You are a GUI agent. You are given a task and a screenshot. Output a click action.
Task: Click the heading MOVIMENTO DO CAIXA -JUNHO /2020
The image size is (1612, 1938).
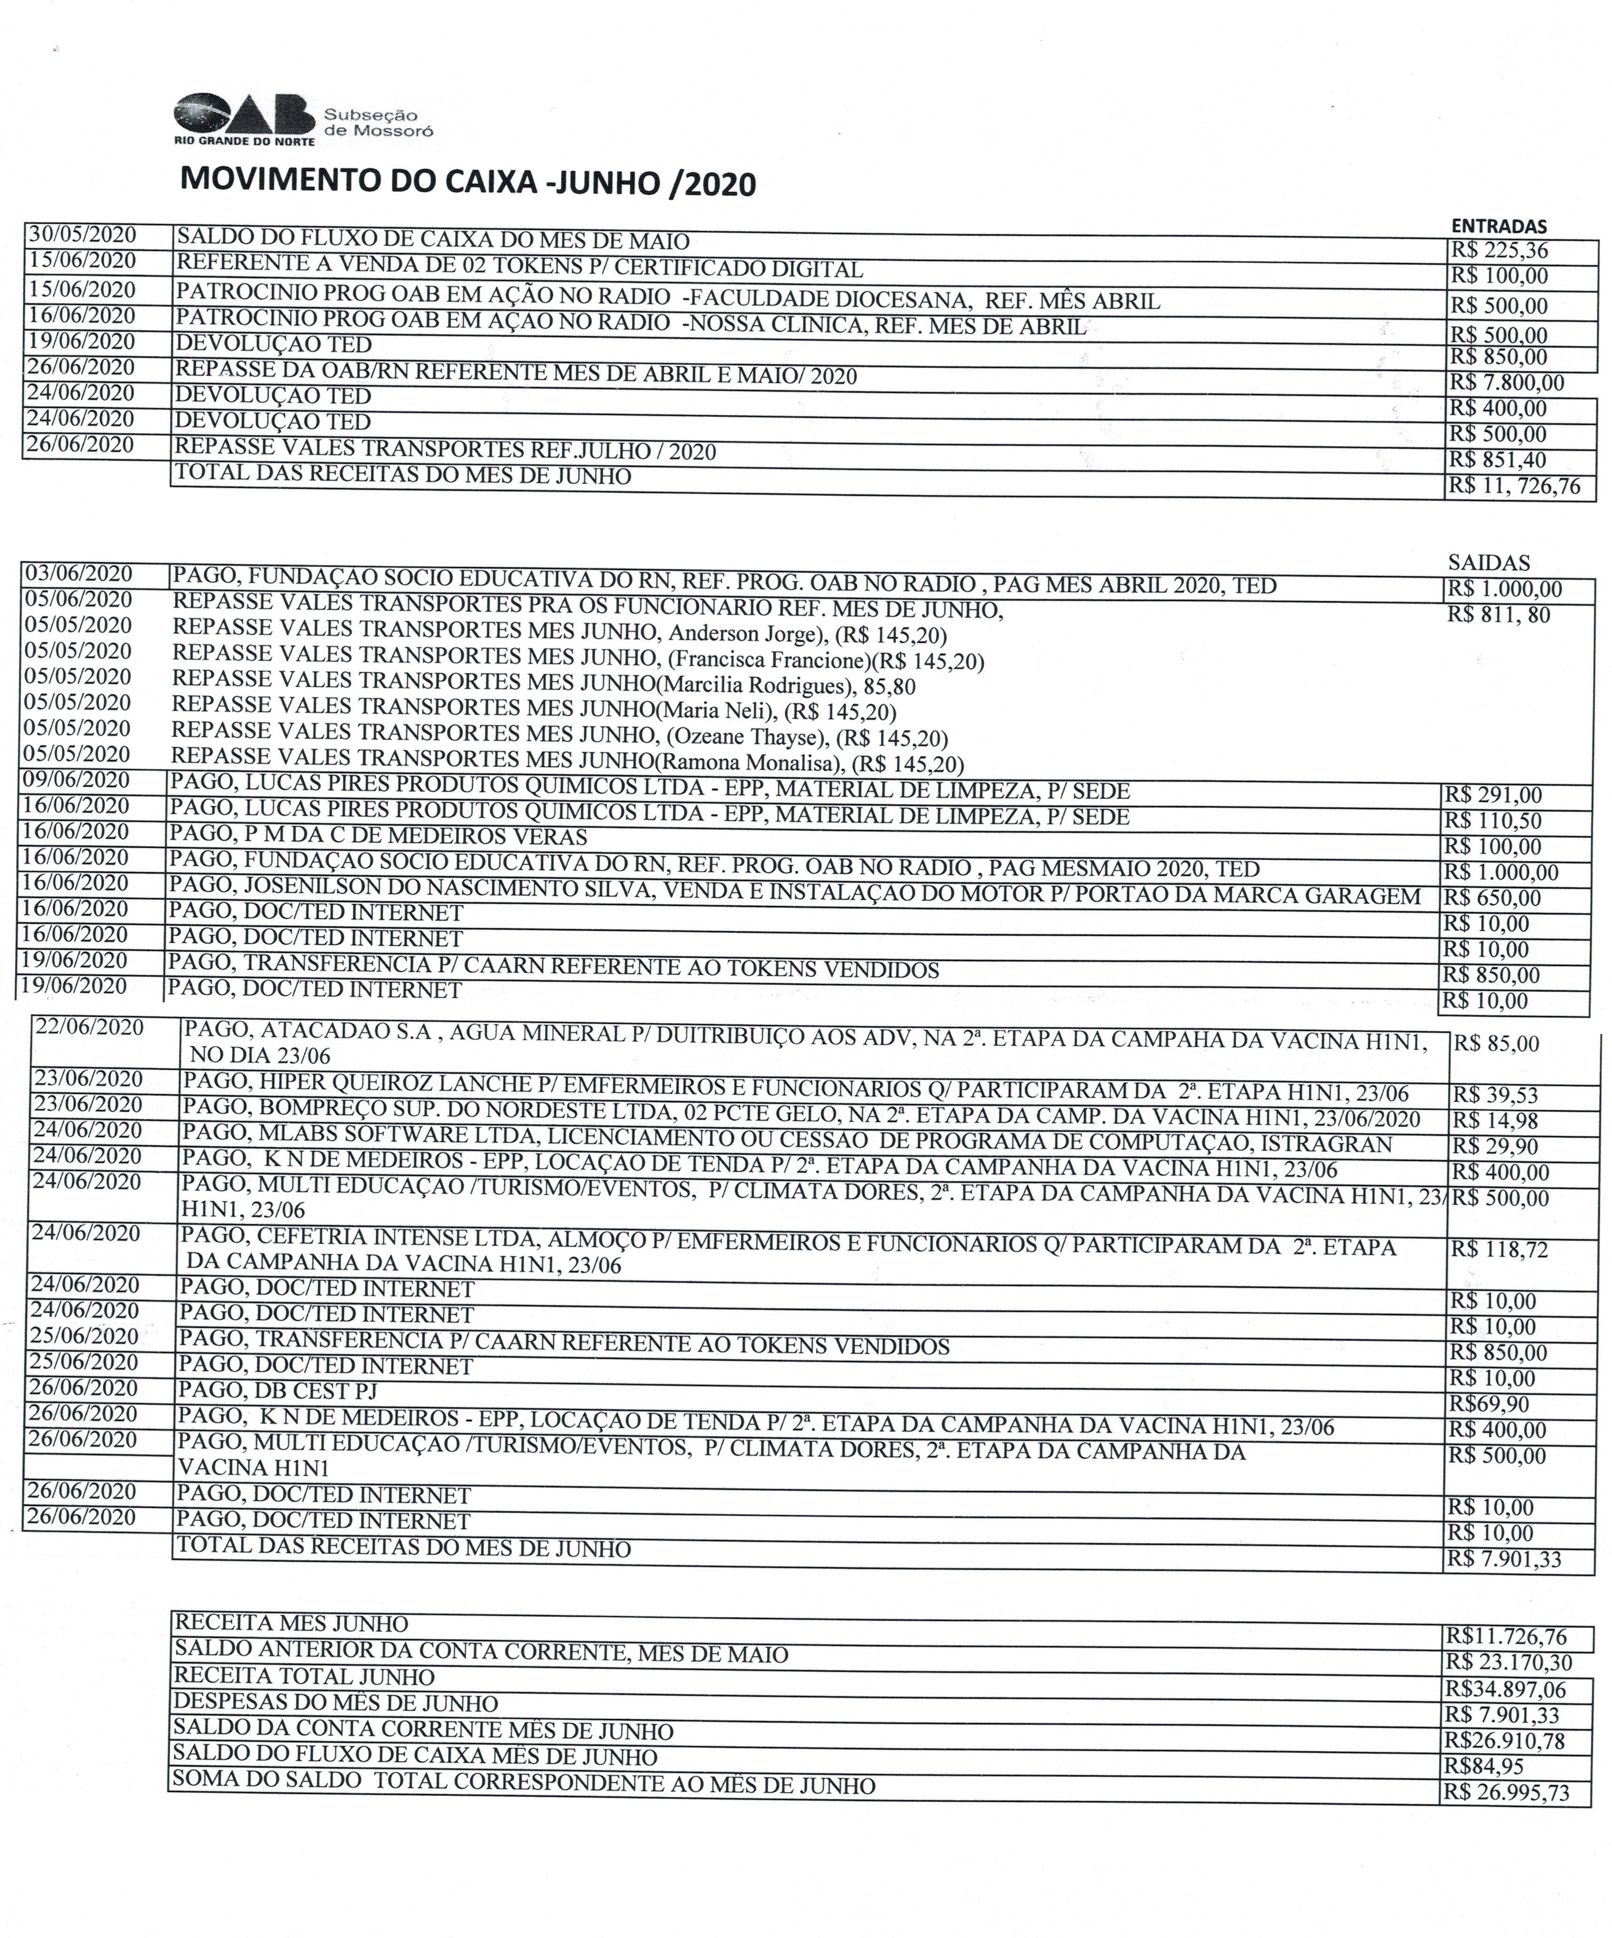(468, 181)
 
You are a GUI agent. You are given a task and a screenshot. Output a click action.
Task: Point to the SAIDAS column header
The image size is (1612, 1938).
(1488, 562)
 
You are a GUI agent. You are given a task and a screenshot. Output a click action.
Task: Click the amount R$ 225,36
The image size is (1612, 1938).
(1498, 250)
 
